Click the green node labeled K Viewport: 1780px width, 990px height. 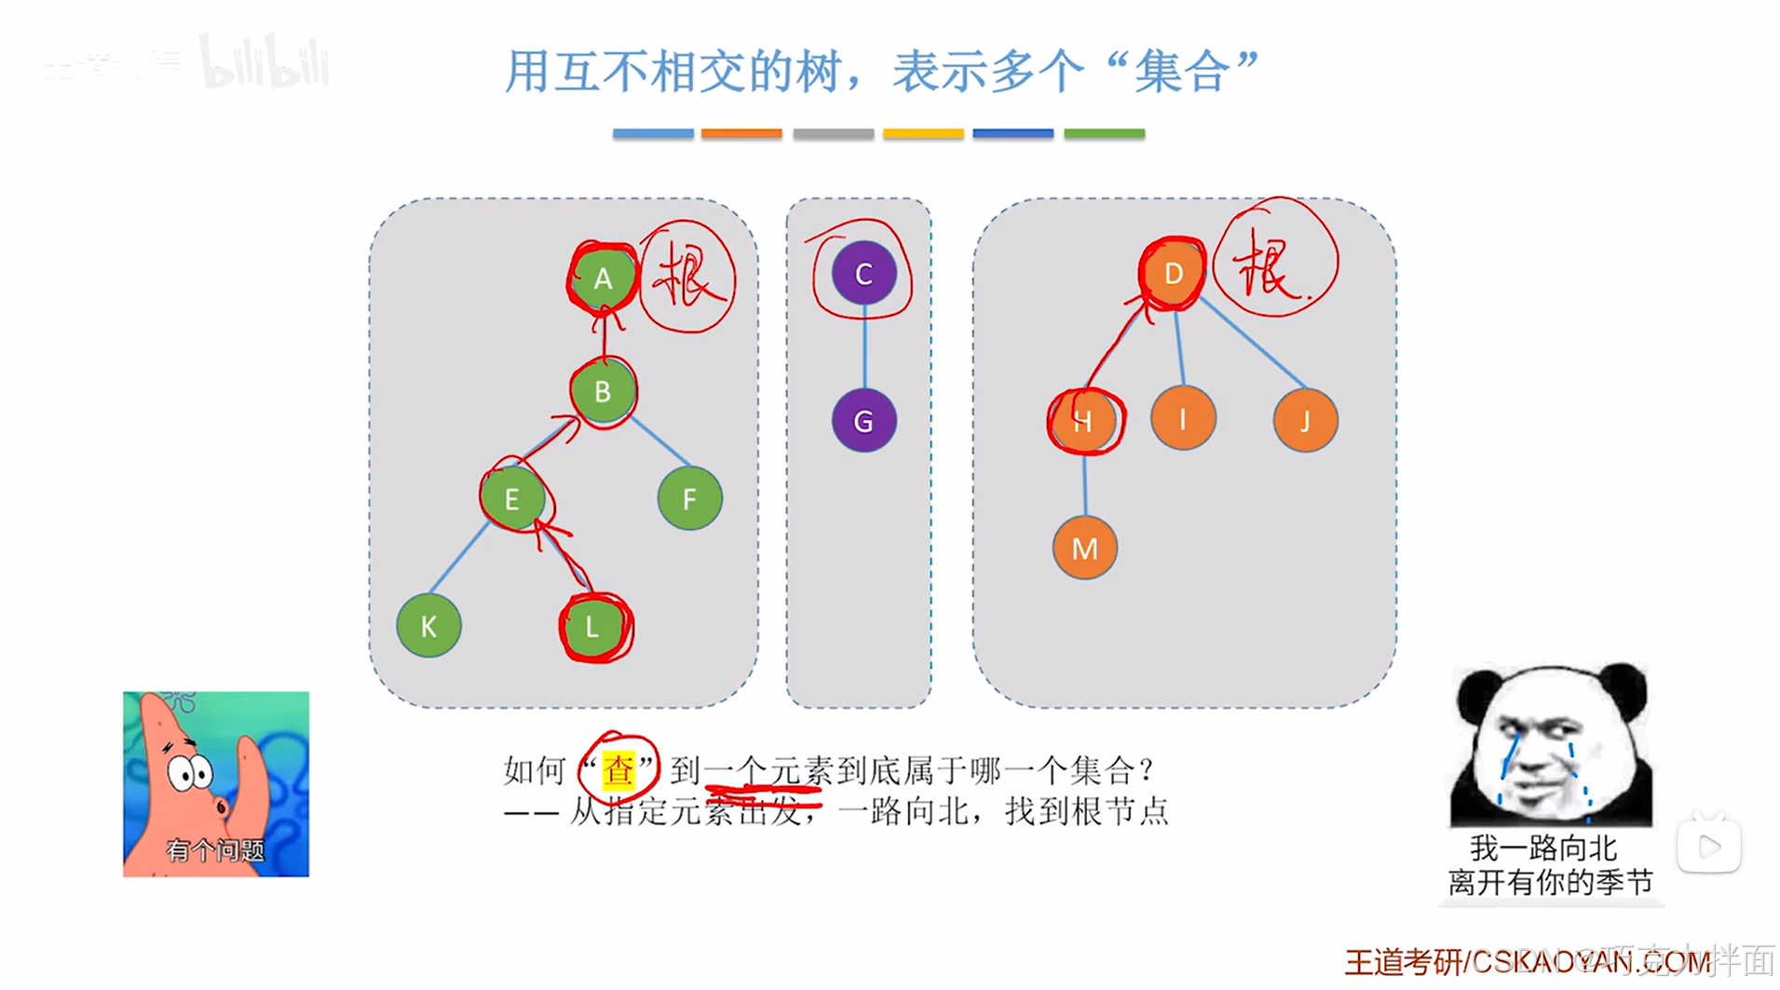click(428, 626)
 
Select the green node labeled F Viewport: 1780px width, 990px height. click(689, 499)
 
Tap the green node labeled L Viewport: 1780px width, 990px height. click(593, 627)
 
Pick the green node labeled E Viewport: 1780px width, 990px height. click(512, 499)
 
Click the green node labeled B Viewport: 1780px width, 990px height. click(603, 392)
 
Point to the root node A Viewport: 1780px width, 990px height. click(604, 278)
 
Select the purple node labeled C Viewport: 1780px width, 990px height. click(863, 274)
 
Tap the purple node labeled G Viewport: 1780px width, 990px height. click(863, 421)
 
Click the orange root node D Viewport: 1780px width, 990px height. click(1173, 274)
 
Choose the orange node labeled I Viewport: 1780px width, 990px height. click(1183, 419)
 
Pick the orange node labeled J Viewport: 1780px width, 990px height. click(1305, 421)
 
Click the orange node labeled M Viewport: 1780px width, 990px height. click(1084, 548)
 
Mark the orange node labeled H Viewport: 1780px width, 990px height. click(1083, 421)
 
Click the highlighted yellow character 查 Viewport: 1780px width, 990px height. click(618, 770)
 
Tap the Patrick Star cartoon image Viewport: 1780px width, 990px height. click(216, 783)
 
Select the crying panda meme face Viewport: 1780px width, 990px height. click(1551, 745)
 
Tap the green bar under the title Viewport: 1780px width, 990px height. click(1104, 134)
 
